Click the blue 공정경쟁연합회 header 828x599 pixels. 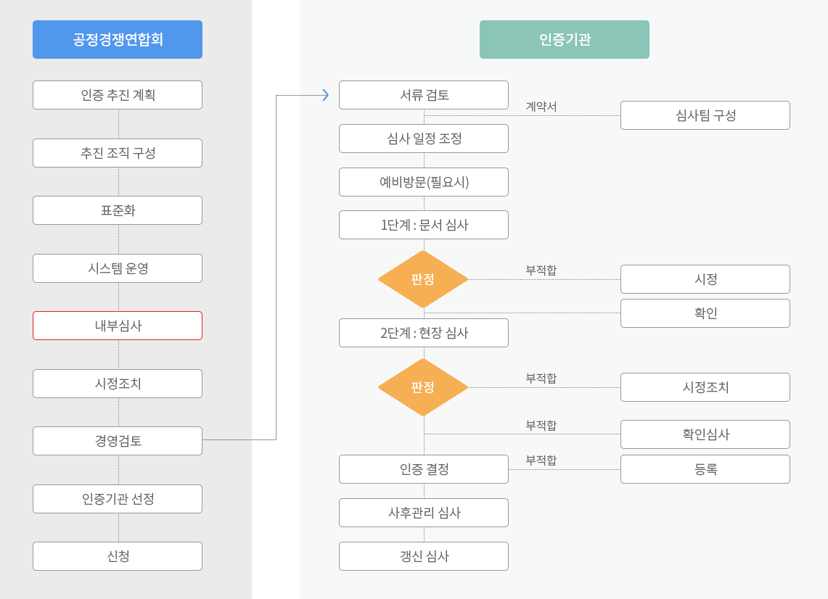point(118,40)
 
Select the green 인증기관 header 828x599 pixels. point(565,40)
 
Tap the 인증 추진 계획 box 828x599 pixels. point(118,95)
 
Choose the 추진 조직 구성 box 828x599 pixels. point(118,153)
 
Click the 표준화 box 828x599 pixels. point(118,210)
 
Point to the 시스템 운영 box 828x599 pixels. point(118,268)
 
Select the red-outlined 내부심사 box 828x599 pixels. point(118,326)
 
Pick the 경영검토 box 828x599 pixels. point(118,441)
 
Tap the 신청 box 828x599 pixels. point(118,556)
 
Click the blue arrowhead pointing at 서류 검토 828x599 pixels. point(326,95)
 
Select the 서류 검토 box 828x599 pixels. point(424,95)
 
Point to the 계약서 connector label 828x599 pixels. point(541,107)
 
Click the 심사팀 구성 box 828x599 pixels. point(705,115)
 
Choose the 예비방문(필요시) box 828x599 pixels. point(424,182)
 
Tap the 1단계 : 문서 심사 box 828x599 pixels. point(424,225)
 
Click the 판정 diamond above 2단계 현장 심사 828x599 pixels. point(423,279)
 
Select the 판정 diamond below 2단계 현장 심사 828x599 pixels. point(423,387)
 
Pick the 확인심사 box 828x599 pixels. point(705,434)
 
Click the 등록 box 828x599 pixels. point(705,469)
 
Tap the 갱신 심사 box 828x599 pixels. point(424,556)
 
